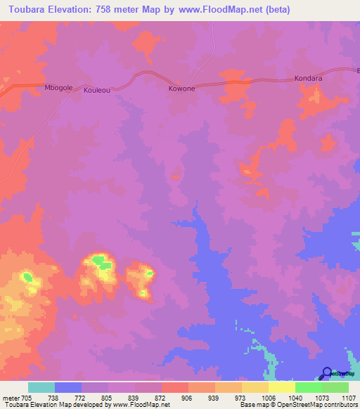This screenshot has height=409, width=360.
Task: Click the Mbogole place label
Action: point(58,89)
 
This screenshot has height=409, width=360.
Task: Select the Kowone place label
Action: point(181,90)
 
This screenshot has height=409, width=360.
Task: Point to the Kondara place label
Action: point(308,79)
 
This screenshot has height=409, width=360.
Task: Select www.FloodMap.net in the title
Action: point(214,10)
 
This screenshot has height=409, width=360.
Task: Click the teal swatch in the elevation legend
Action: point(41,387)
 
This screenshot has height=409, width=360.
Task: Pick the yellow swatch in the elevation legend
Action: point(282,387)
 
